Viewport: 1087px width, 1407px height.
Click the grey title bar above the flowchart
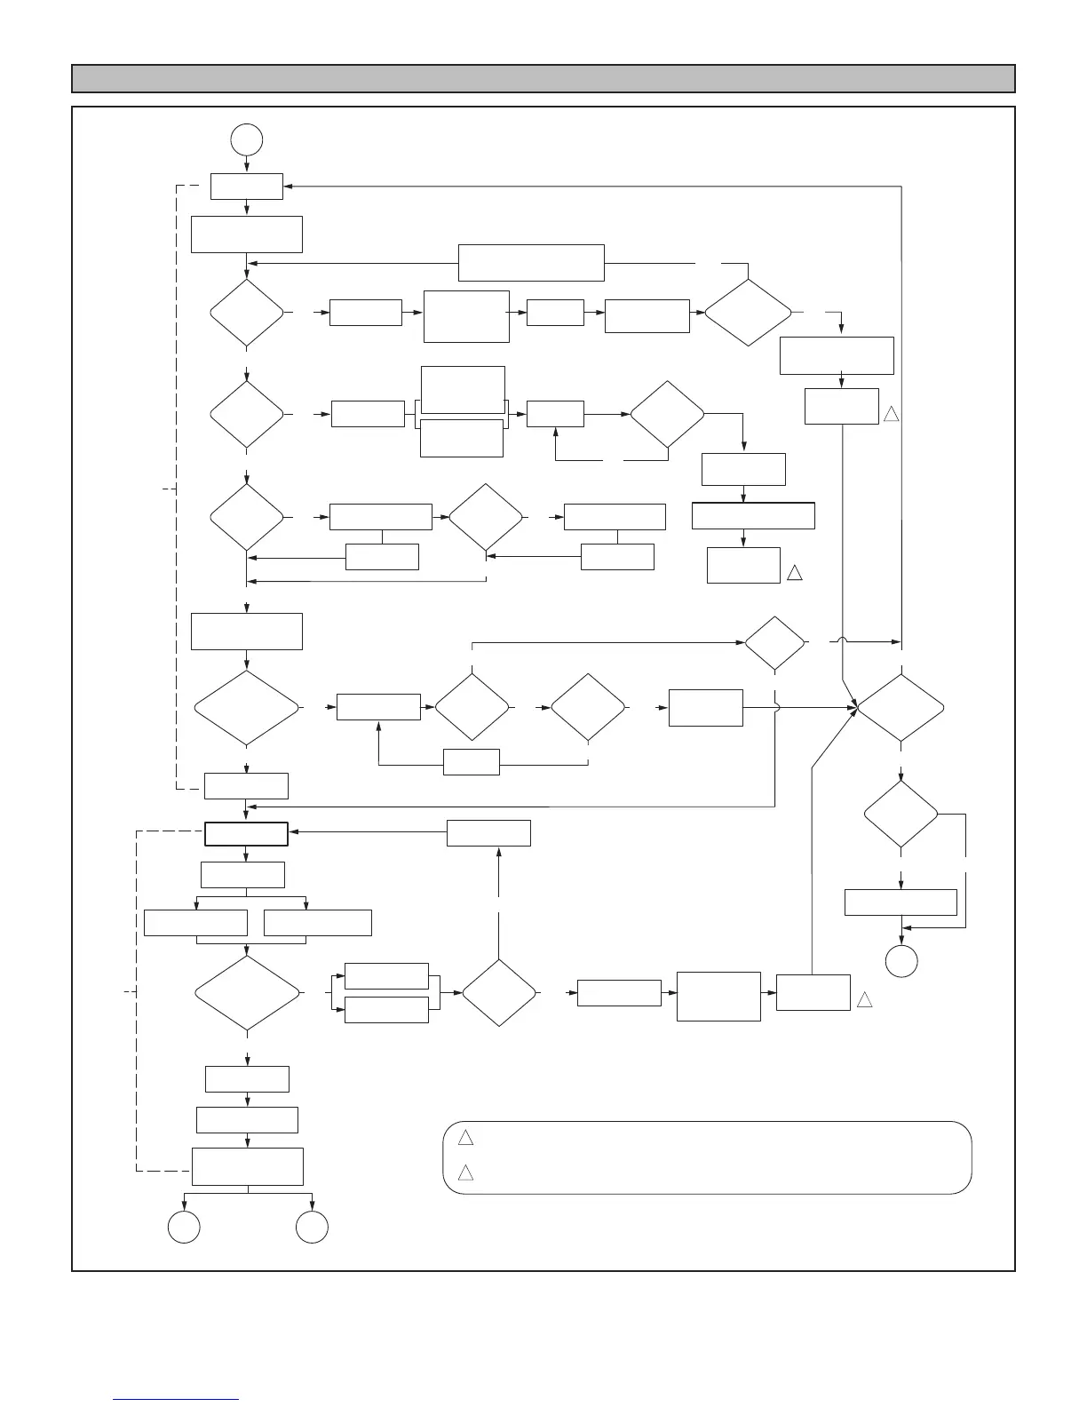543,78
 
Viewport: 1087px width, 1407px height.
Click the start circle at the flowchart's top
246,139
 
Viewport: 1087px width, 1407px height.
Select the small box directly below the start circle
246,187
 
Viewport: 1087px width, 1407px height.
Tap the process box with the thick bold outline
246,834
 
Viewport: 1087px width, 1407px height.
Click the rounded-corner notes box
707,1157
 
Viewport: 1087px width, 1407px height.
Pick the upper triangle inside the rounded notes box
465,1138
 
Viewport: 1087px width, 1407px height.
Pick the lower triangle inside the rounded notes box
465,1173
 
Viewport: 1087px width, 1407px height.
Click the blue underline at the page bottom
176,1399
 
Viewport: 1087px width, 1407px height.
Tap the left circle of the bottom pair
184,1227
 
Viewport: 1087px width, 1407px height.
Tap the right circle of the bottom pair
312,1227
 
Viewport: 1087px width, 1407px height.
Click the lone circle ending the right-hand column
901,961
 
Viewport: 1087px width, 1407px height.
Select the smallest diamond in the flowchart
774,642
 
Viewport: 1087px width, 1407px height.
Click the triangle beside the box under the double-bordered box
795,573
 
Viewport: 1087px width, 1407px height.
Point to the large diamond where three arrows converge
901,708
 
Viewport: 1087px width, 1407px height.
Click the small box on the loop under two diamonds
471,762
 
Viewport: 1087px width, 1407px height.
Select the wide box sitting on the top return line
531,262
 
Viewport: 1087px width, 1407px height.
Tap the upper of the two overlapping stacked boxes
463,388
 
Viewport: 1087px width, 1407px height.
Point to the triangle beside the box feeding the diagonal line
865,999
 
